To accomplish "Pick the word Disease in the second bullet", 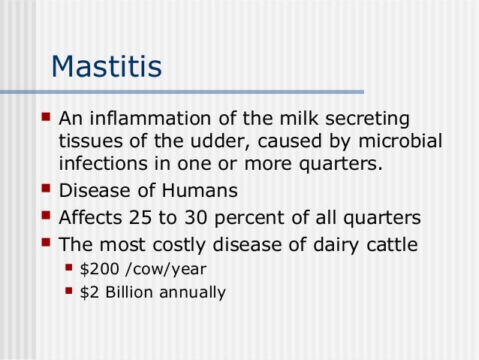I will tap(91, 192).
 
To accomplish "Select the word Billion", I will tap(124, 292).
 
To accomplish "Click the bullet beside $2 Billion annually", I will tap(70, 291).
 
